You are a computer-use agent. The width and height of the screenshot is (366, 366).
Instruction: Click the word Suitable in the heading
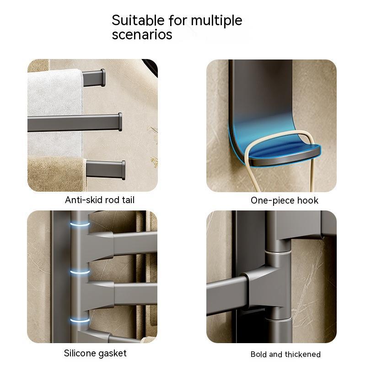[138, 20]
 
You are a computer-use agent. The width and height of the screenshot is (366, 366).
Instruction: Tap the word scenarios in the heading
[142, 35]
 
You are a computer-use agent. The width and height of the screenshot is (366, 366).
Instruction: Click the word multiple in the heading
[216, 21]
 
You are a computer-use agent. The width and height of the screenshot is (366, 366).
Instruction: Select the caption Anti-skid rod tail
[100, 200]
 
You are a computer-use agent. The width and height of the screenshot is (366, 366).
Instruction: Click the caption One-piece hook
[285, 201]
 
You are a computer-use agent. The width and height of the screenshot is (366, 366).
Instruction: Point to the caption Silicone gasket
[95, 354]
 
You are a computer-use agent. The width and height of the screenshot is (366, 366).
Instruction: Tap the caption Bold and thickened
[285, 354]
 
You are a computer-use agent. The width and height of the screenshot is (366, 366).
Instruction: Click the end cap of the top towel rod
[102, 78]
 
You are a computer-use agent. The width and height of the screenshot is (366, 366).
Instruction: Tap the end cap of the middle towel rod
[120, 122]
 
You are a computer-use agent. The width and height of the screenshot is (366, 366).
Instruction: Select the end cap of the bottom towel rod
[123, 170]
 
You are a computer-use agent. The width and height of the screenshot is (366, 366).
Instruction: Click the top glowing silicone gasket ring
[80, 224]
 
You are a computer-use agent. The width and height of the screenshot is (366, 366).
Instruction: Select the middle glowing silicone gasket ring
[80, 272]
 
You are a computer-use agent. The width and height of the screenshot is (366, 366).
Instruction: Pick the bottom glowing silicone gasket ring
[80, 319]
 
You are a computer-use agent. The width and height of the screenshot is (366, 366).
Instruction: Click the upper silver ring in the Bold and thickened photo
[278, 253]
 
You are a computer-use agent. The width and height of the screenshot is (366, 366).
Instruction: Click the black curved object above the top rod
[151, 67]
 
